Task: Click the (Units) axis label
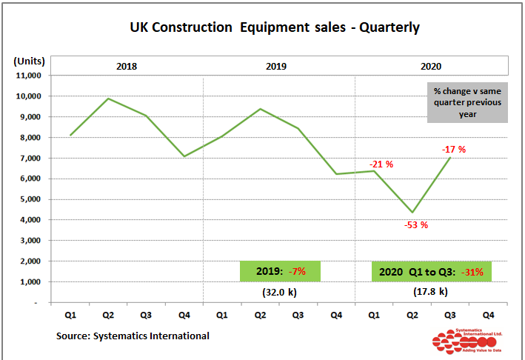tap(29, 61)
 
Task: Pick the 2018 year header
tap(127, 66)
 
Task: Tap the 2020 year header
tap(431, 66)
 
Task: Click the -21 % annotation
tap(381, 164)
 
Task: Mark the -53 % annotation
tap(416, 225)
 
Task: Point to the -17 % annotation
tap(454, 150)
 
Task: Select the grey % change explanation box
tap(467, 102)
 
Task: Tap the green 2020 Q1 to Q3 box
tap(431, 272)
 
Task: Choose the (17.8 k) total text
tap(430, 292)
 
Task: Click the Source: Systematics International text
tap(133, 336)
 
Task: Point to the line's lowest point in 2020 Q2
tap(412, 213)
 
